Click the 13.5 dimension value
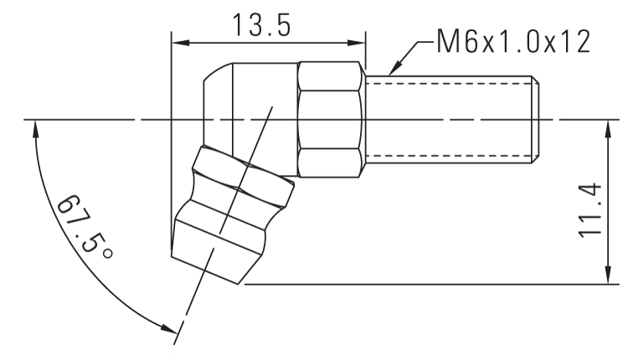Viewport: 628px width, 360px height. (261, 24)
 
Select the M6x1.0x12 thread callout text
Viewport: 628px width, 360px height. (511, 41)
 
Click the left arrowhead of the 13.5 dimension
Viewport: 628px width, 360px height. (177, 42)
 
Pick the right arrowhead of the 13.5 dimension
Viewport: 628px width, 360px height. (360, 42)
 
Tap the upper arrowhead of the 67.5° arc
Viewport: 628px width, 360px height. (34, 127)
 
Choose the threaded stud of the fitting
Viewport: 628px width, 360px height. (452, 119)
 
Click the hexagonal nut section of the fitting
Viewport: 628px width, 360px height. (331, 119)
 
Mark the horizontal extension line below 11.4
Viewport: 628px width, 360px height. (419, 284)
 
